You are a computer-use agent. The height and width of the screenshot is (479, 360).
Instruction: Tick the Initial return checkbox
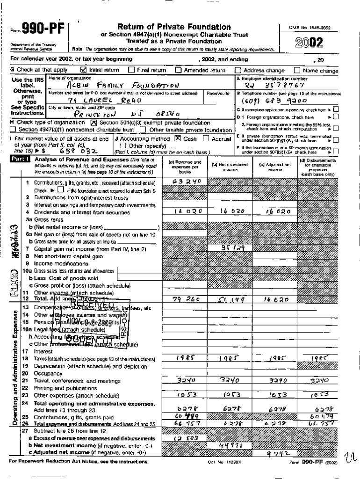[84, 70]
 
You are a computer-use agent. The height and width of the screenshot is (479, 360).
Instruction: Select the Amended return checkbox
[178, 70]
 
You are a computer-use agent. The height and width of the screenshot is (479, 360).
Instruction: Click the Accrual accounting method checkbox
[206, 138]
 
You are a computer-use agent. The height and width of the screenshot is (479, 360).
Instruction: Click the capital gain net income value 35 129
[232, 247]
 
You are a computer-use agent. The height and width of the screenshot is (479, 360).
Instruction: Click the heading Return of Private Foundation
[174, 27]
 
